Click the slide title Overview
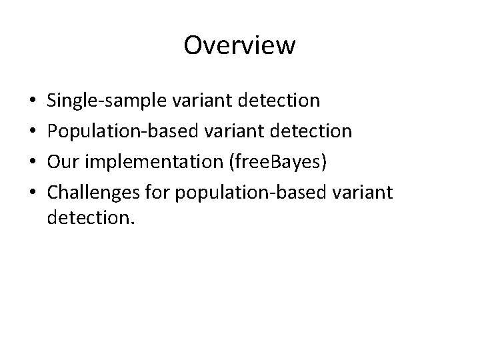point(239,45)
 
